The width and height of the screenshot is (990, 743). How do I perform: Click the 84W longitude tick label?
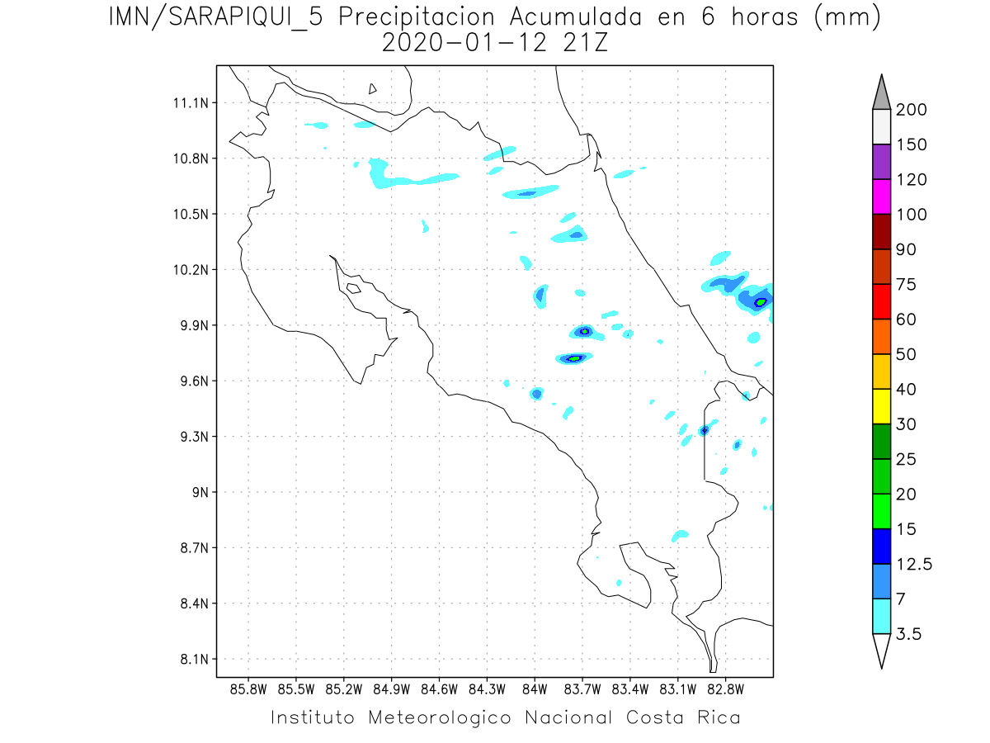click(535, 689)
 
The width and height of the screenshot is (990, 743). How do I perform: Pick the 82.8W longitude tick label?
click(725, 689)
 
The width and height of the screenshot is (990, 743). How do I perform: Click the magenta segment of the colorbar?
click(881, 196)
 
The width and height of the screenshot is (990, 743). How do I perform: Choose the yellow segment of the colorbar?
click(881, 406)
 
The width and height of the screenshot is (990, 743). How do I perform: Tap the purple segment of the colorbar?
click(881, 162)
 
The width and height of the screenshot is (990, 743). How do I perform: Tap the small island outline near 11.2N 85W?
click(373, 88)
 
